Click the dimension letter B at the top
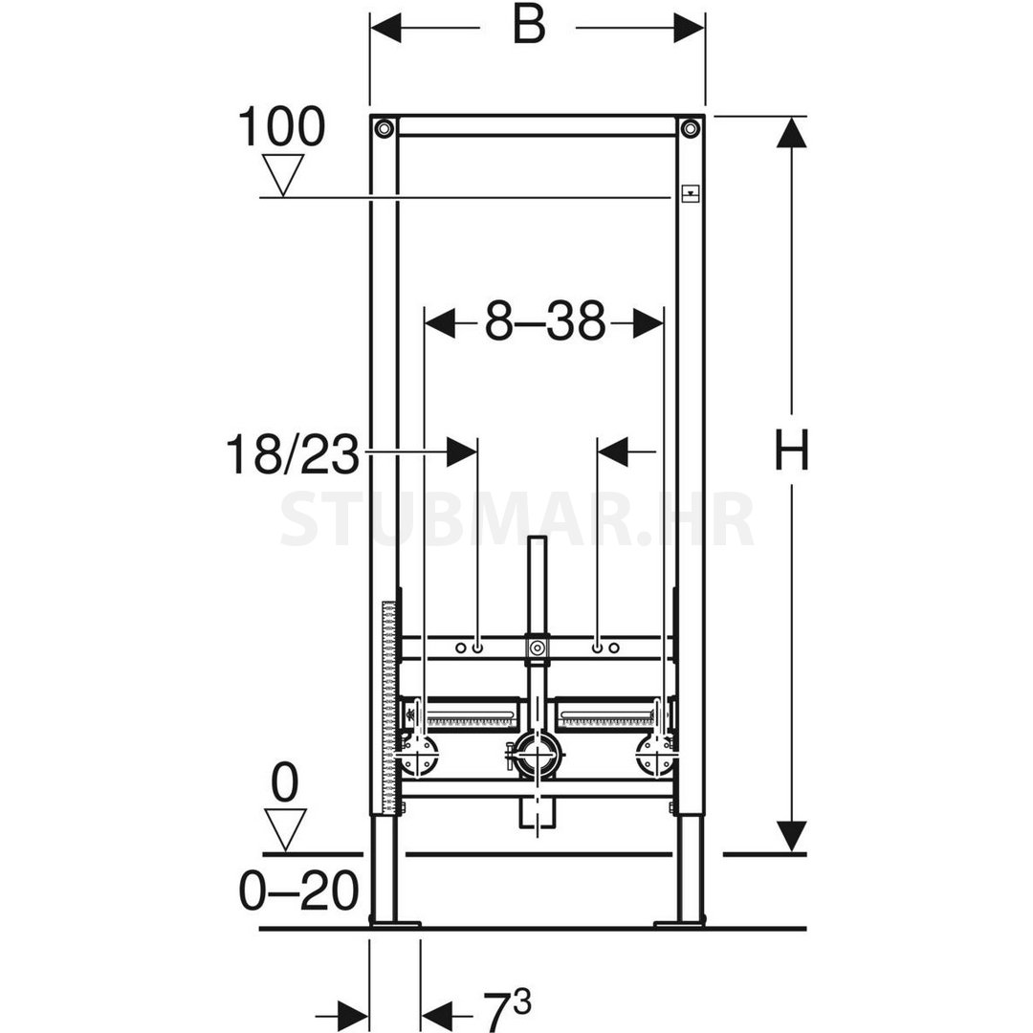coord(529,27)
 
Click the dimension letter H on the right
coord(791,450)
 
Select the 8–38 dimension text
coord(545,321)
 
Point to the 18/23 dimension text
coord(294,454)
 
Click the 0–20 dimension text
coord(299,890)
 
